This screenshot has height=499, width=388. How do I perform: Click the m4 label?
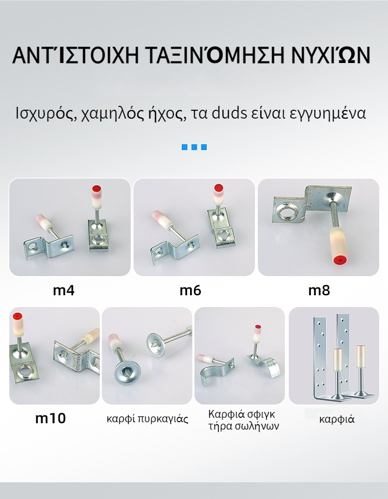[x=63, y=290]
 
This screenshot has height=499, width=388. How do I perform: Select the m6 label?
[x=190, y=290]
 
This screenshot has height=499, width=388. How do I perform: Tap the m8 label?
[x=319, y=290]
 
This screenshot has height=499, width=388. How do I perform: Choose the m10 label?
[x=51, y=418]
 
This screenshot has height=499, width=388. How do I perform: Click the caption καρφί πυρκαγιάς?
[x=147, y=419]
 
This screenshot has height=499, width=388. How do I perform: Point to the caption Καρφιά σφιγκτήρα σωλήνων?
[x=244, y=420]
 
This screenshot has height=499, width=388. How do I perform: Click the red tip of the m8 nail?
[x=340, y=261]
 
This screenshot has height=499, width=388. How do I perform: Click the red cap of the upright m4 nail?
[x=96, y=189]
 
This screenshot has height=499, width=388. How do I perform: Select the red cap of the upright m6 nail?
[x=218, y=188]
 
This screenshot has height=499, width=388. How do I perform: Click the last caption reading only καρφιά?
[x=336, y=419]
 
